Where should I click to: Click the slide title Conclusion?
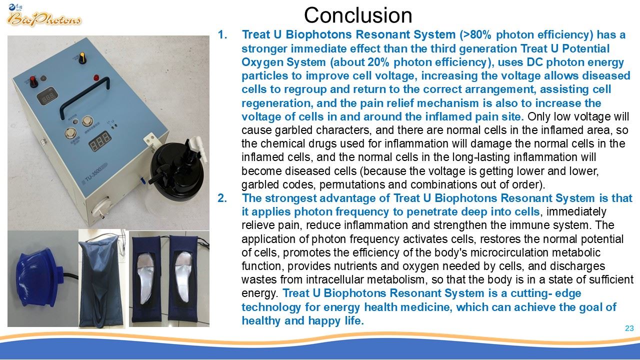358,15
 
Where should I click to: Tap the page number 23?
629,328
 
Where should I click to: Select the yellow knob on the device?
82,57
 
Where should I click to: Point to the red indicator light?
96,77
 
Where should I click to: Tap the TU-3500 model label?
94,174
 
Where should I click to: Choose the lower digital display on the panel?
99,141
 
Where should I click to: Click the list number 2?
222,198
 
